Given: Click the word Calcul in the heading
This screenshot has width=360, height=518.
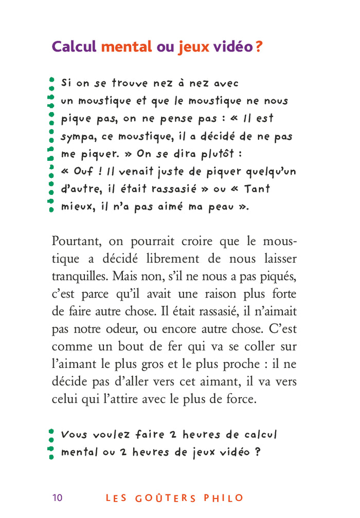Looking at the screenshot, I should (75, 47).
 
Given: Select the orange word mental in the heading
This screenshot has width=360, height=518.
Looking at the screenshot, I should (127, 47).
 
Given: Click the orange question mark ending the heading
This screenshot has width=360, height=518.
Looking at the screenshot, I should (259, 47).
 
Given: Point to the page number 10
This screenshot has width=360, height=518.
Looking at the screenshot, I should (57, 497).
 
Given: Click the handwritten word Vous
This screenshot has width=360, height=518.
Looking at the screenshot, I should (74, 435).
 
